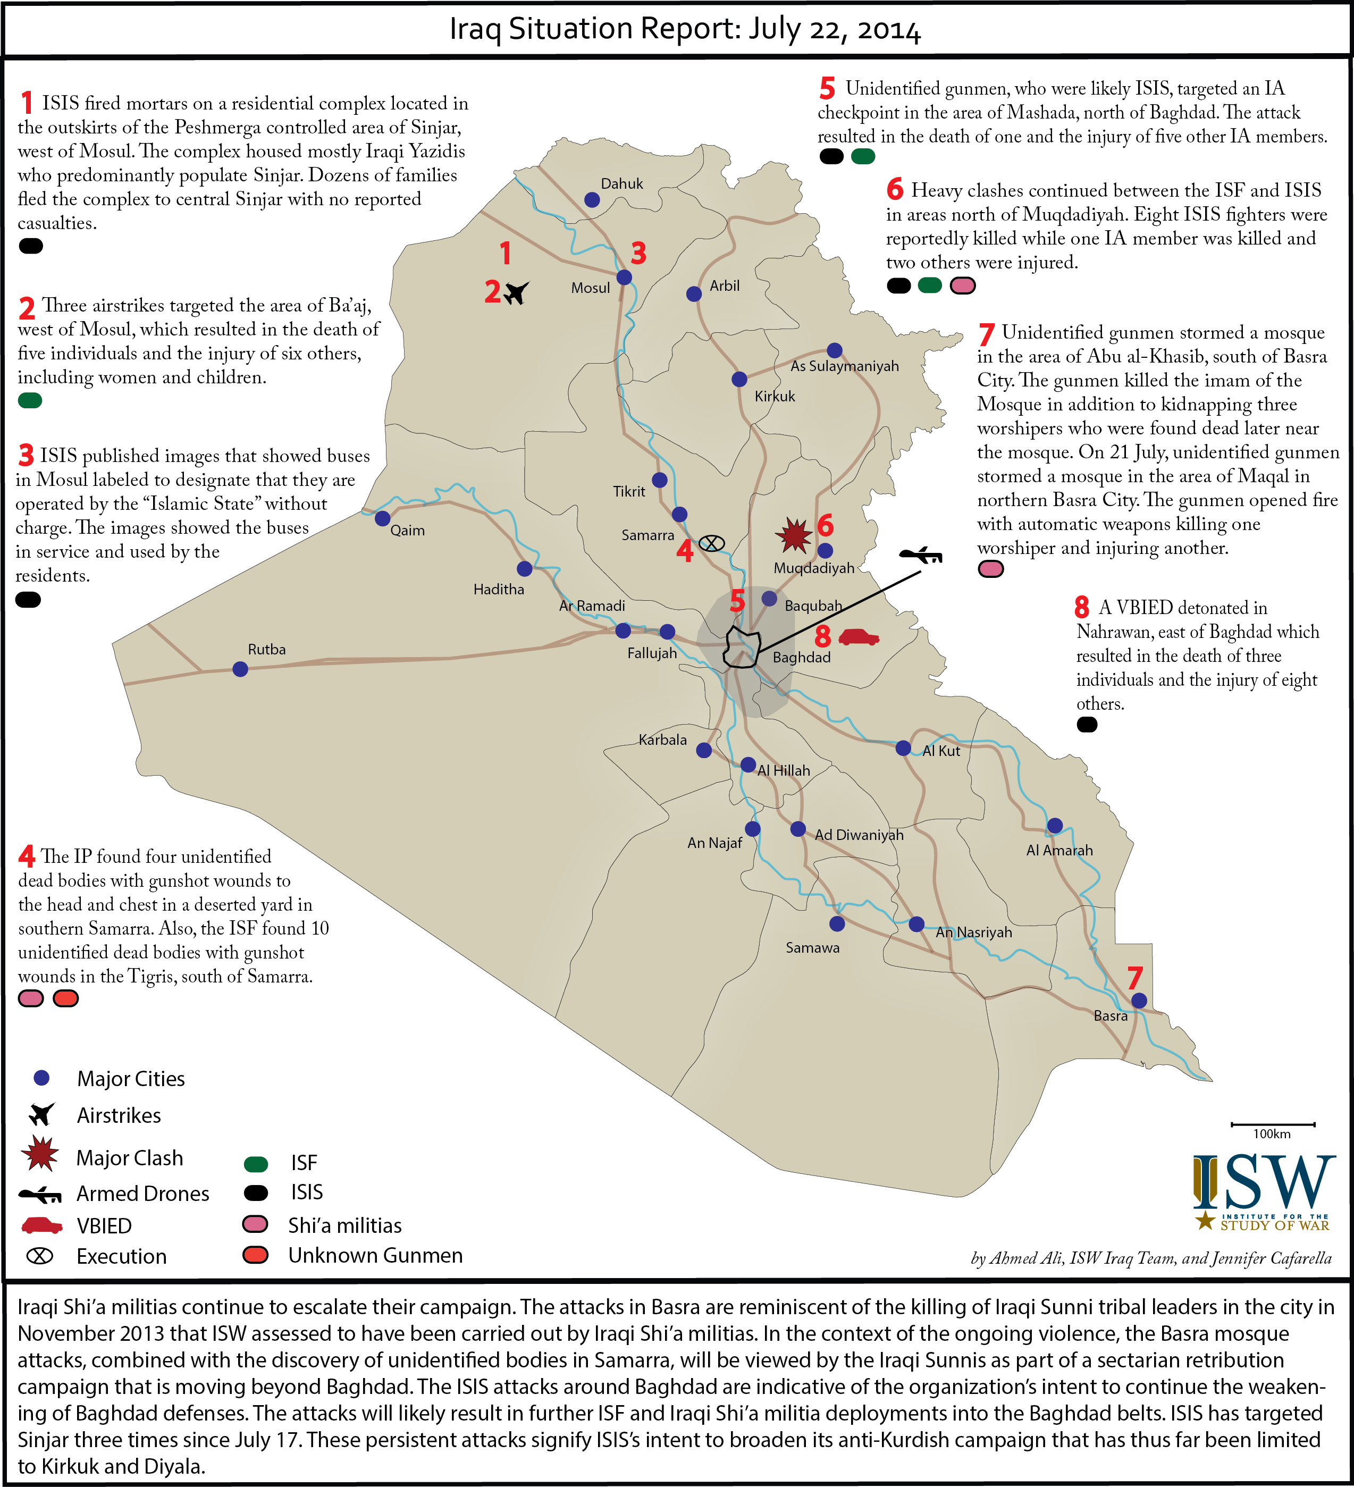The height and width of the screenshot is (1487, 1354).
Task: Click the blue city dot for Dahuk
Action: (592, 200)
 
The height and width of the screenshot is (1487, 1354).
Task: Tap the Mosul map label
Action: (590, 288)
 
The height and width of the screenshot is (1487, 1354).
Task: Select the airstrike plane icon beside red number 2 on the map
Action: (516, 293)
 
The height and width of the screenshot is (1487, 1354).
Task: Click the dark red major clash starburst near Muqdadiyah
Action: (794, 535)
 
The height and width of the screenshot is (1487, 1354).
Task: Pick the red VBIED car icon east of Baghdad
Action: (859, 636)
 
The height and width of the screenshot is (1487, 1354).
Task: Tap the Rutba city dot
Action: (240, 669)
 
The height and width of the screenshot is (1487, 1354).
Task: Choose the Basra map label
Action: (1110, 1015)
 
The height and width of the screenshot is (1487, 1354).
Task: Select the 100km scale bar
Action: (1272, 1125)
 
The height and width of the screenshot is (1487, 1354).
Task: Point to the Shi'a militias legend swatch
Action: (255, 1224)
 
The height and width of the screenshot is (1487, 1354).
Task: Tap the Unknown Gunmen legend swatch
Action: (255, 1255)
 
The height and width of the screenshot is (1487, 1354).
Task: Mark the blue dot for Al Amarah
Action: (1055, 826)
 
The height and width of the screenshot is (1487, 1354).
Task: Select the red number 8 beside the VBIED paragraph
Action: (1081, 607)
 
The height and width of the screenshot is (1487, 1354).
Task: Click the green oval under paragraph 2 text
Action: (30, 400)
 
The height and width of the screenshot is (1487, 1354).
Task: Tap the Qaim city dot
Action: (382, 518)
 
